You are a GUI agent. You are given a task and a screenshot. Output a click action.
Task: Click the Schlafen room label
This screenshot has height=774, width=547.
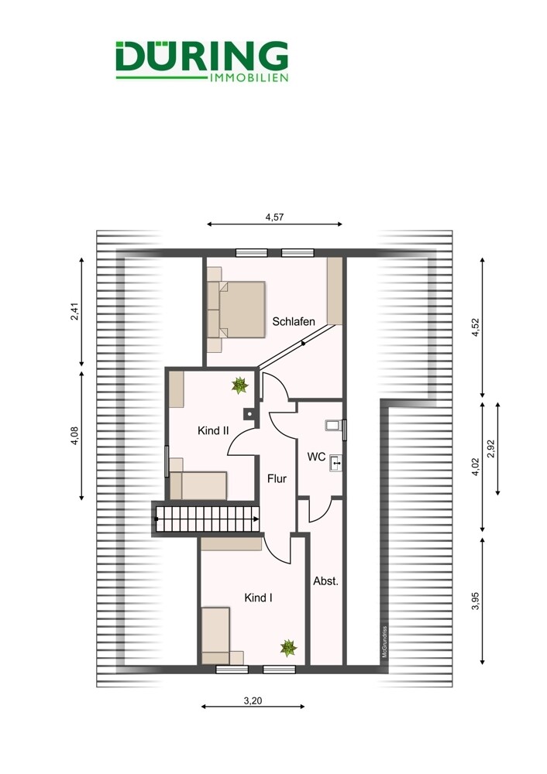click(294, 322)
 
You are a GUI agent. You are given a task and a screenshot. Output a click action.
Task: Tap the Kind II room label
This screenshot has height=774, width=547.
click(213, 430)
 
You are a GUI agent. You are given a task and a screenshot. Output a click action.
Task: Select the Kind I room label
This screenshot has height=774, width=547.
click(259, 598)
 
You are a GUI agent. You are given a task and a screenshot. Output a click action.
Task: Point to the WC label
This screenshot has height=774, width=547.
click(316, 457)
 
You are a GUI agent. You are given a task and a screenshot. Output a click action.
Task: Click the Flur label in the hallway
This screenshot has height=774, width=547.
click(277, 478)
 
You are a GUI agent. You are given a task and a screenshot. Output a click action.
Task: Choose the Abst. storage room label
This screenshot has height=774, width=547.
click(325, 581)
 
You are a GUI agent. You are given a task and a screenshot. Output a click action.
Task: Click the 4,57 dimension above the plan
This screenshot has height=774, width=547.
click(275, 217)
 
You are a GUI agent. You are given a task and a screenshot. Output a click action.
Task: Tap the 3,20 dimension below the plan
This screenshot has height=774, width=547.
click(253, 700)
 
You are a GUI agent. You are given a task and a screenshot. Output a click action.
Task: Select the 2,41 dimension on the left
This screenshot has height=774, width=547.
click(74, 311)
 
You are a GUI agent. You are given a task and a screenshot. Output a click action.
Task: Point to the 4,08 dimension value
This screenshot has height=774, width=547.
click(74, 436)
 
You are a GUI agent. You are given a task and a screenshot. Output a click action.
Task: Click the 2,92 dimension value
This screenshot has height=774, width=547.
click(490, 449)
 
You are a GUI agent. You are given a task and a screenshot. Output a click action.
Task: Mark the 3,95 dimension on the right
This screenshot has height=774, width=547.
click(476, 601)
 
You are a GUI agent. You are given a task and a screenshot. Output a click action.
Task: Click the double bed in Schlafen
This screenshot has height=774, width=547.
click(236, 310)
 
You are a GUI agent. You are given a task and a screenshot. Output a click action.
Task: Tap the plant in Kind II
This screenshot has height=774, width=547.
click(239, 385)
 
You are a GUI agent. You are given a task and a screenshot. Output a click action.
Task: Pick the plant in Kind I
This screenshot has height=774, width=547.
click(288, 648)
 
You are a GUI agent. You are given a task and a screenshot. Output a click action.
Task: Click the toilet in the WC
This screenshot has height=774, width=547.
click(334, 425)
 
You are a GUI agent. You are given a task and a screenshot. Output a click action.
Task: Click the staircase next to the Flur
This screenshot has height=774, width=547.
click(207, 519)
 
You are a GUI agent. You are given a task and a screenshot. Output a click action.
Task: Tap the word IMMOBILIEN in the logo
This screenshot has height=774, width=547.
click(249, 77)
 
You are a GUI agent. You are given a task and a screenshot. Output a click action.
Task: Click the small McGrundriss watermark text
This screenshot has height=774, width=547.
click(384, 642)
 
